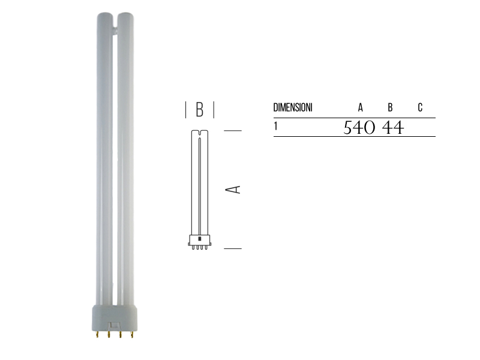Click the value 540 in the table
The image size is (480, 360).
pos(359,128)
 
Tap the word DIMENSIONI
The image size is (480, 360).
pos(292,108)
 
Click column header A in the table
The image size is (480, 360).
pos(361,108)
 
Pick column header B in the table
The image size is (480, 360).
pos(390,108)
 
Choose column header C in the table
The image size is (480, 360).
pos(420,108)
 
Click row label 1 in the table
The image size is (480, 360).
pos(275,126)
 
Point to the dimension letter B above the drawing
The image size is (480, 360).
pos(200,110)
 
